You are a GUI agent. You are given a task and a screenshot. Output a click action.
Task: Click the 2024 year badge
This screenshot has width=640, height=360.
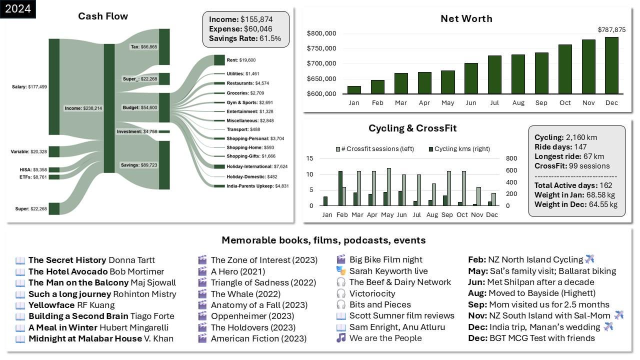[x=17, y=8]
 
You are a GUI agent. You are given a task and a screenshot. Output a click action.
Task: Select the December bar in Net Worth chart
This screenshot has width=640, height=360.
[x=611, y=65]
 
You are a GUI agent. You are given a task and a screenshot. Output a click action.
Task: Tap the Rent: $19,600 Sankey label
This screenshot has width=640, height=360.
[x=241, y=60]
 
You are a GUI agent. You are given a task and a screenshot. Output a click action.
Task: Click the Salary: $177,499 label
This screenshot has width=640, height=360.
[x=29, y=87]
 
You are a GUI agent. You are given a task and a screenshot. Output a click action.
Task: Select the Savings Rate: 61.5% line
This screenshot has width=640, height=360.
[x=245, y=38]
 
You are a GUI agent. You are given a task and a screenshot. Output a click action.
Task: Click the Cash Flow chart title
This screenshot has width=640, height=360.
[x=103, y=16]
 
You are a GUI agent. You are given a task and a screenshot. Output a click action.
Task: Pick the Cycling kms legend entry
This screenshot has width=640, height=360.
[x=458, y=148]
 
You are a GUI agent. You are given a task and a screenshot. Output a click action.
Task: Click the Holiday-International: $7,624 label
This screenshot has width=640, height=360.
[x=257, y=166]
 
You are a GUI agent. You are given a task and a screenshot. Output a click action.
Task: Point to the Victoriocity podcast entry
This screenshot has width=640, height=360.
[x=372, y=294]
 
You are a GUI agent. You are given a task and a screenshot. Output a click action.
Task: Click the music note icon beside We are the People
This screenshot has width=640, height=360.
[x=341, y=338]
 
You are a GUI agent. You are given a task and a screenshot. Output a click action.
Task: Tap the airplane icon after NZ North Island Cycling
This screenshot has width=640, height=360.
[x=589, y=259]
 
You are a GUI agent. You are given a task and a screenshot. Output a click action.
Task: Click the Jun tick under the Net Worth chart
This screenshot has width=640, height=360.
[x=470, y=103]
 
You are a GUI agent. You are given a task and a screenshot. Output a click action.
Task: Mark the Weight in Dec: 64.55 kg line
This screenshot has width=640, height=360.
[x=576, y=204]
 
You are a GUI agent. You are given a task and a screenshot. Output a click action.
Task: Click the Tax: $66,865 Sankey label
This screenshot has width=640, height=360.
[x=143, y=46]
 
